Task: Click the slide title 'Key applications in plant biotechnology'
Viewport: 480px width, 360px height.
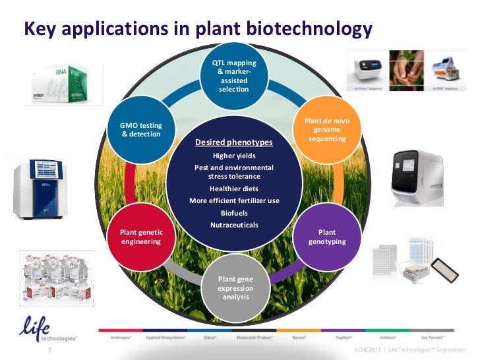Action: click(x=198, y=30)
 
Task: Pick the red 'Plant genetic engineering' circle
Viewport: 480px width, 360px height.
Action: click(x=141, y=237)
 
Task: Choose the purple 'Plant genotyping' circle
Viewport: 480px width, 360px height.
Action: click(x=327, y=237)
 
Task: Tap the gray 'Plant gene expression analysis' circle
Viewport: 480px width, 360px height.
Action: click(x=235, y=287)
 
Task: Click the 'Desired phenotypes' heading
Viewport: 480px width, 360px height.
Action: click(x=234, y=142)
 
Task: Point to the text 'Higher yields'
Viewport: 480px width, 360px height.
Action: click(x=234, y=156)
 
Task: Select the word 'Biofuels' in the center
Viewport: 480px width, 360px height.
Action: click(x=234, y=213)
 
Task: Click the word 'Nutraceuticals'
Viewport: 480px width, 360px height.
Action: click(x=234, y=225)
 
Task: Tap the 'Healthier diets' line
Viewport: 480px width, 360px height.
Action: click(x=234, y=189)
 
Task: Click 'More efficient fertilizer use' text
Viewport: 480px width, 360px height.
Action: click(x=234, y=200)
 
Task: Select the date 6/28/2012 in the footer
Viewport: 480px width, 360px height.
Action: click(x=368, y=349)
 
